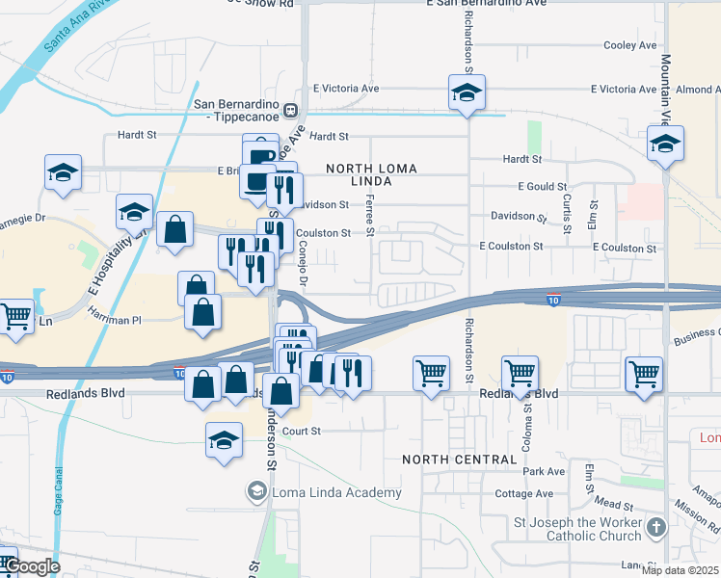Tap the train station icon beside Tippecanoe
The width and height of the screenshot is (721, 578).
click(x=290, y=110)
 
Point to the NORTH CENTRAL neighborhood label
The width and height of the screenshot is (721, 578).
click(x=460, y=460)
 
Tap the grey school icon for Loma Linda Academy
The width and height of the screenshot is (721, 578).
click(x=256, y=493)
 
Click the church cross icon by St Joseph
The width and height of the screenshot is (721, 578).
click(x=656, y=528)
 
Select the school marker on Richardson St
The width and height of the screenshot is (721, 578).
click(x=467, y=93)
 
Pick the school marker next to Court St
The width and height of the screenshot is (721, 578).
click(x=224, y=440)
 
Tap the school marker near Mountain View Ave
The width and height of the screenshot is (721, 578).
click(x=665, y=144)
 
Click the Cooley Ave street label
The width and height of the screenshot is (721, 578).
click(x=629, y=45)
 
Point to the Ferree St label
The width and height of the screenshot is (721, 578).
click(x=369, y=213)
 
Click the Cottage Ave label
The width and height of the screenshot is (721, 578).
click(x=524, y=494)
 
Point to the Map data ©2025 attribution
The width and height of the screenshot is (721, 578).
click(x=681, y=570)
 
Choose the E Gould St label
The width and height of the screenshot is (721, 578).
click(x=542, y=186)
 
